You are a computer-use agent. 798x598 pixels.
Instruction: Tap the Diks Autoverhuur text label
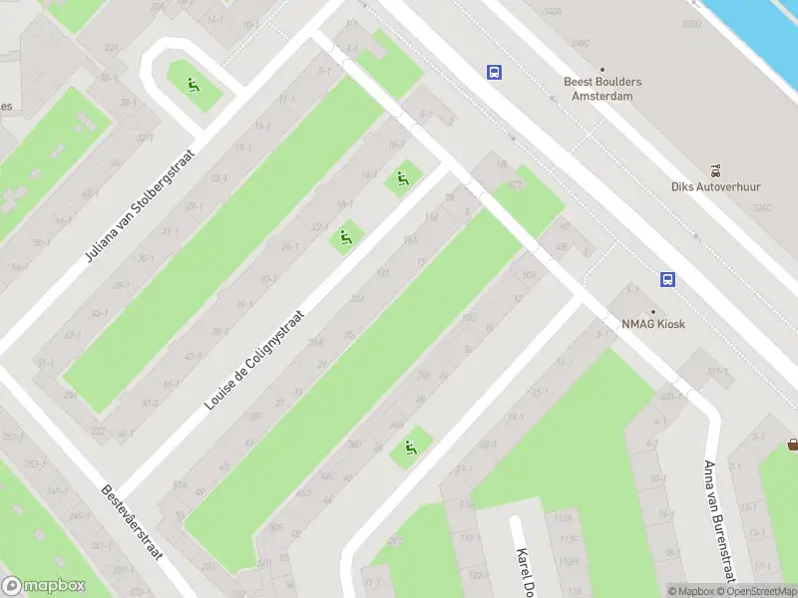click(x=715, y=186)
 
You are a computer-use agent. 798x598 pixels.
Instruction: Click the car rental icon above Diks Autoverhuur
click(x=715, y=170)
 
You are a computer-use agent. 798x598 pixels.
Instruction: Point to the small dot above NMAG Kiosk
click(x=655, y=309)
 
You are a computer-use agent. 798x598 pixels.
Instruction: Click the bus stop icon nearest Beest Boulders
click(x=494, y=72)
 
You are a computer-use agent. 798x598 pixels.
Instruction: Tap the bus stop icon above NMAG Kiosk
click(x=667, y=279)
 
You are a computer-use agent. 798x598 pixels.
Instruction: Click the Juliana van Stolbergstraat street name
click(x=142, y=207)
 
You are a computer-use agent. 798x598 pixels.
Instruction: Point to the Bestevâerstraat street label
click(x=133, y=522)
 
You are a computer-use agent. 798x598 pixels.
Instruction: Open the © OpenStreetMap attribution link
click(x=757, y=591)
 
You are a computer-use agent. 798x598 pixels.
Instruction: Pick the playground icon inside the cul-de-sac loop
click(x=192, y=83)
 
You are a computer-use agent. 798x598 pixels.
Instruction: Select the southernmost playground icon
click(x=409, y=448)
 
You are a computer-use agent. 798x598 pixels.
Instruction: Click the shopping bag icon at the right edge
click(x=792, y=445)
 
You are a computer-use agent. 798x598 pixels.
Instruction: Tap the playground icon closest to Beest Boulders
click(x=403, y=179)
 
